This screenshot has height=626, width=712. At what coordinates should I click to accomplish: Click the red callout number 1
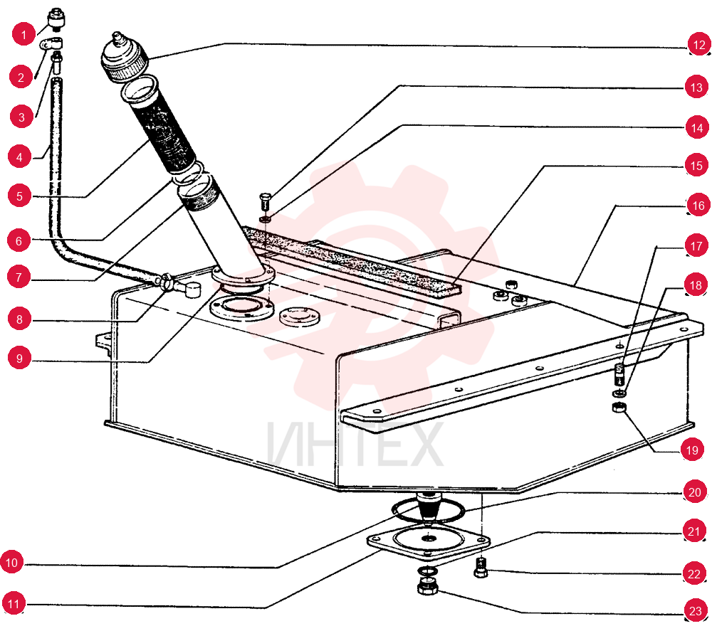[x=23, y=34]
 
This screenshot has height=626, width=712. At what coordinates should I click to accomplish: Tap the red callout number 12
[x=699, y=44]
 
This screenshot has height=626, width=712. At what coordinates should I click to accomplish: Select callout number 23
[x=695, y=610]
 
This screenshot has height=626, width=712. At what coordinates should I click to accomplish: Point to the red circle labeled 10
[x=12, y=563]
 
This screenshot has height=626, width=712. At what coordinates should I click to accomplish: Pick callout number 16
[x=698, y=206]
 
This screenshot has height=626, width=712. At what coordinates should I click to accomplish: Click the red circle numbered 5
[x=19, y=196]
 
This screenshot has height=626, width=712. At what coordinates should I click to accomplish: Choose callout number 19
[x=691, y=450]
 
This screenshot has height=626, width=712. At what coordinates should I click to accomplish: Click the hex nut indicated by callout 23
[x=427, y=587]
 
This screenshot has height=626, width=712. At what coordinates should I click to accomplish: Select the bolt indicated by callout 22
[x=481, y=568]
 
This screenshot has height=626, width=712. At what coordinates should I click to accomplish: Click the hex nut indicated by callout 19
[x=619, y=408]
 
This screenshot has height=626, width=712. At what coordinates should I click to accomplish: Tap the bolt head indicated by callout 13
[x=265, y=201]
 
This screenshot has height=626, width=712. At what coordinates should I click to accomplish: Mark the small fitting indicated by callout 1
[x=56, y=20]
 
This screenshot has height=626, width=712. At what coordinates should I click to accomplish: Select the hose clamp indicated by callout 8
[x=164, y=281]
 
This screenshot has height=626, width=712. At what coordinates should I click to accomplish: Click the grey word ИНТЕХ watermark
[x=355, y=444]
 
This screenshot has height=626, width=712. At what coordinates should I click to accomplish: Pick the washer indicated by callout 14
[x=266, y=220]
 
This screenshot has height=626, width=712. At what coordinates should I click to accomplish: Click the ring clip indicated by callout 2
[x=51, y=44]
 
